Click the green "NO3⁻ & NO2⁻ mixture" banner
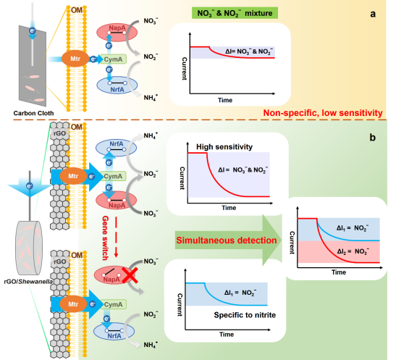(x=235, y=13)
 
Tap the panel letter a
(x=373, y=14)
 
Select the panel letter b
(x=372, y=138)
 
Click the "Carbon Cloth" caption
(x=33, y=113)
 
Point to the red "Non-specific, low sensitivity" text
(x=323, y=113)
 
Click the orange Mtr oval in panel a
(x=75, y=59)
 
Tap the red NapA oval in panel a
(x=117, y=33)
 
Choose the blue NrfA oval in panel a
(x=117, y=85)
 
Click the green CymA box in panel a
(x=113, y=59)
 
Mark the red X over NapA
(x=130, y=275)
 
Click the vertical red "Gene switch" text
(x=106, y=238)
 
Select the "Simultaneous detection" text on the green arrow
(x=227, y=240)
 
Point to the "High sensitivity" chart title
(x=224, y=147)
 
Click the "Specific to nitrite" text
(x=245, y=315)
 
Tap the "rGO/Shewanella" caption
(x=28, y=282)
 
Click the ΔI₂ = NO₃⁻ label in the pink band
(x=353, y=251)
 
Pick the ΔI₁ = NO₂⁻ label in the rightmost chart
(x=353, y=227)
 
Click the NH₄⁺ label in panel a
(x=151, y=98)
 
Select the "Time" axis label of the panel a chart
(x=225, y=100)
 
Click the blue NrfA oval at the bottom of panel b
(x=114, y=332)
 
